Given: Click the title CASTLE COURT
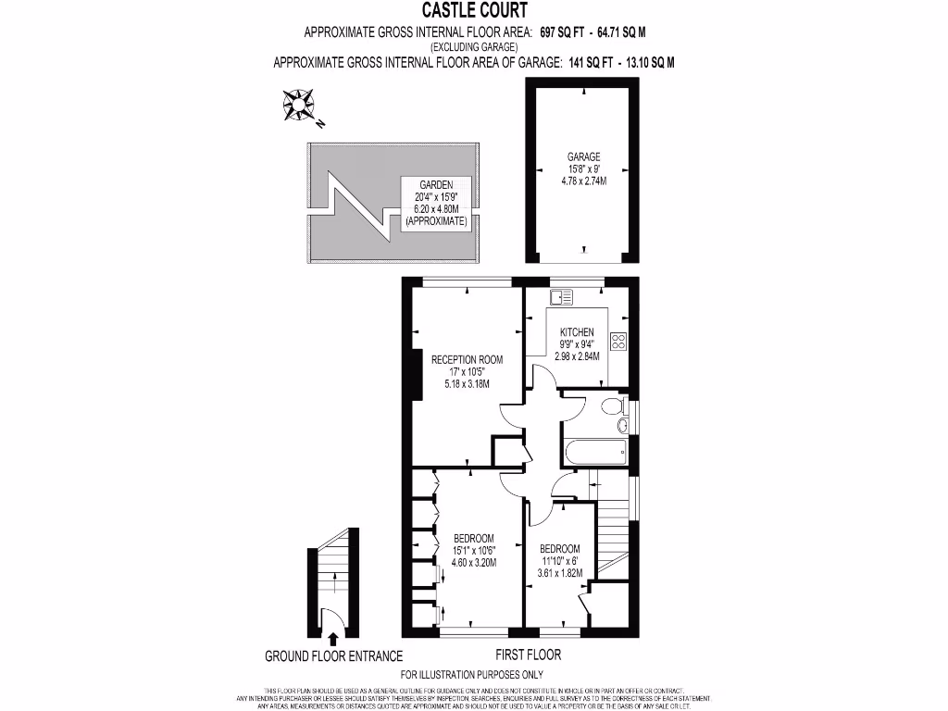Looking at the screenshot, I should (475, 11).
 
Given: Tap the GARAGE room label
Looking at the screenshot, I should (584, 157).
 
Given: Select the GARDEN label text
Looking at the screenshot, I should (436, 185).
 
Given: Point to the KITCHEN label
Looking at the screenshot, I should (577, 332).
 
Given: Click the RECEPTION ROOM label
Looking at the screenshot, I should (467, 359).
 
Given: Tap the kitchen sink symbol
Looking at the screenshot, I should (560, 297).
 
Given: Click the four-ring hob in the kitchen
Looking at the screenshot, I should (618, 341).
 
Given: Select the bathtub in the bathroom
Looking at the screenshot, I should (593, 453).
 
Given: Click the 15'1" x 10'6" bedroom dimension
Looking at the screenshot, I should (474, 550).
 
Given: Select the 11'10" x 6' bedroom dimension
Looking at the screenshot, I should (560, 560).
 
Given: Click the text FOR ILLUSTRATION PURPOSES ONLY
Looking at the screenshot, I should (472, 675).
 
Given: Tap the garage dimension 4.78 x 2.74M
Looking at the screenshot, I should (584, 181).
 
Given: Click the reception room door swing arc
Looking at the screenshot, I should (511, 414).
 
